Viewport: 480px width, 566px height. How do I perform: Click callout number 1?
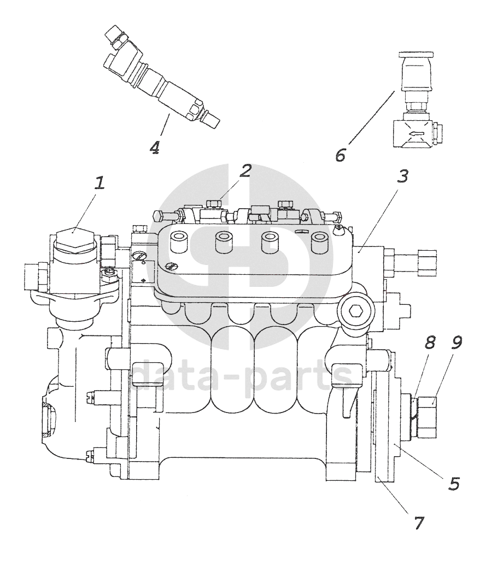pyautogui.click(x=99, y=183)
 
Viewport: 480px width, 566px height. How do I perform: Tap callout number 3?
pyautogui.click(x=403, y=176)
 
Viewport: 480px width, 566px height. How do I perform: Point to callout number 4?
pyautogui.click(x=155, y=148)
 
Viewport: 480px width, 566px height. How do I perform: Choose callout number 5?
pyautogui.click(x=454, y=484)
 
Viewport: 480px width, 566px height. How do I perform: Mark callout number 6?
pyautogui.click(x=340, y=155)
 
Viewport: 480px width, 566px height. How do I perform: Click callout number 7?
pyautogui.click(x=419, y=523)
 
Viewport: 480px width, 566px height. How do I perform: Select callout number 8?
pyautogui.click(x=430, y=343)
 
